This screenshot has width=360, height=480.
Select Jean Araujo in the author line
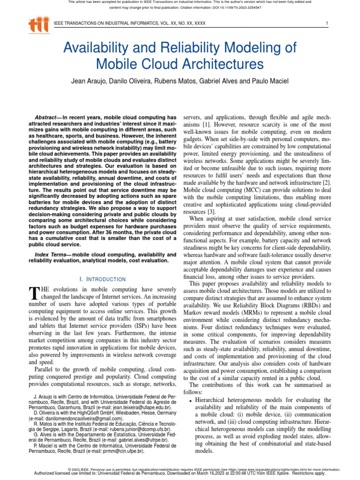[89, 81]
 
